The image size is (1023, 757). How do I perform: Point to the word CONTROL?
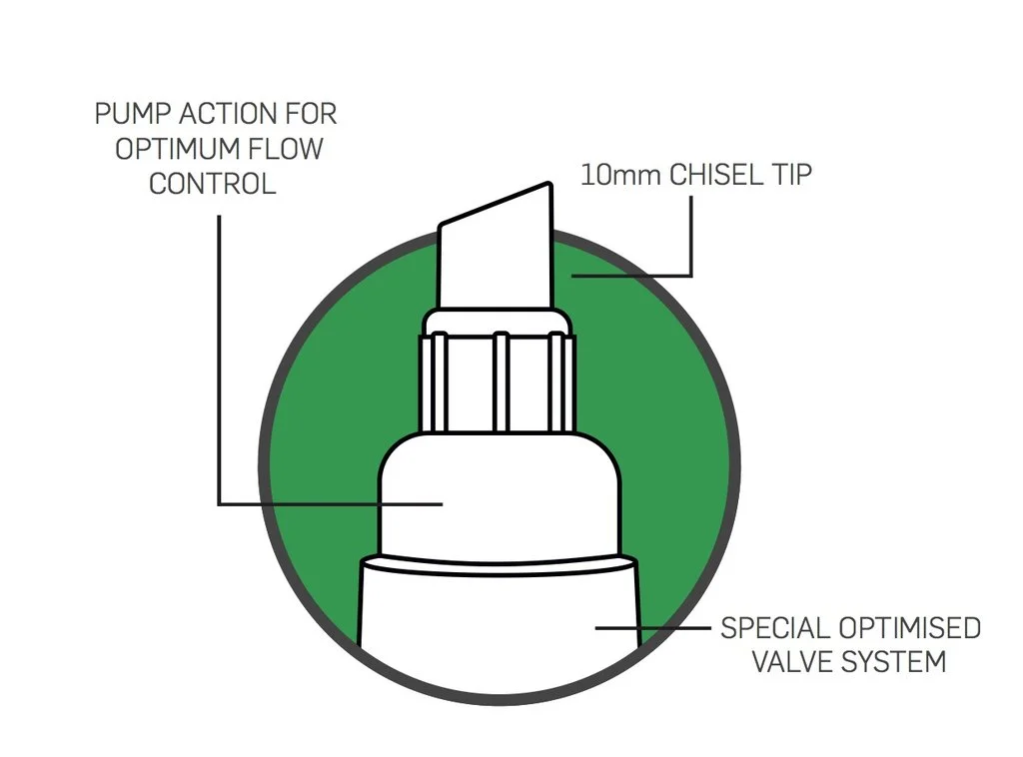click(x=213, y=185)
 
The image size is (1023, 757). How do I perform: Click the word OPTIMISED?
click(x=909, y=628)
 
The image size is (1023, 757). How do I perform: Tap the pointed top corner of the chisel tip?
click(x=548, y=185)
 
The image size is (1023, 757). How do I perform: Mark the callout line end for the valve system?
click(x=597, y=628)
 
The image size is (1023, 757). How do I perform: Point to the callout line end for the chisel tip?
click(x=572, y=275)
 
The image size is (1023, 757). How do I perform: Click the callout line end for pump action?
click(x=441, y=504)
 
